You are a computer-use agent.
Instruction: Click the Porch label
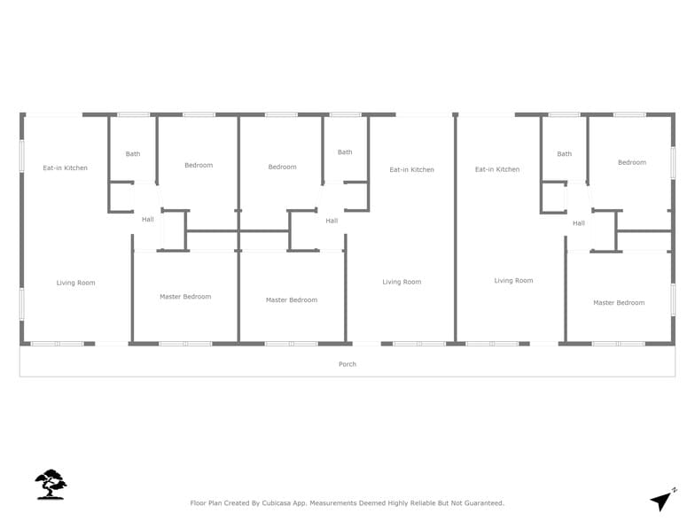coord(347,364)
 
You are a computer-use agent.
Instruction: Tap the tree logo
coord(51,485)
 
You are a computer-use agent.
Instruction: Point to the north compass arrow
coord(663,500)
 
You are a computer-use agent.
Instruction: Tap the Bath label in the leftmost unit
coord(132,154)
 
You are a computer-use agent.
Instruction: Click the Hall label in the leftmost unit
coord(147,219)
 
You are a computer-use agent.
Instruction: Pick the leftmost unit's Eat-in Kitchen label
coord(66,167)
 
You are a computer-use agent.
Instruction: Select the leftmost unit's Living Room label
coord(75,283)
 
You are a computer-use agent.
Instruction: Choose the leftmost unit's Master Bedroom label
coord(185,297)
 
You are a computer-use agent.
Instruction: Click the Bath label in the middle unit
coord(345,152)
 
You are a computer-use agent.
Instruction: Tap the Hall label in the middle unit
coord(332,221)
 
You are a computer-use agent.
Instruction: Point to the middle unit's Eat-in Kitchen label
coord(411,169)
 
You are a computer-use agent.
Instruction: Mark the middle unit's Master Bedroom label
coord(292,300)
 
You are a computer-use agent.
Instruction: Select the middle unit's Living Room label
coord(402,282)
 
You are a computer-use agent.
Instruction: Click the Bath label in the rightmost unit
coord(565,154)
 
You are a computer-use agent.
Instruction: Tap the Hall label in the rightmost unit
coord(579,223)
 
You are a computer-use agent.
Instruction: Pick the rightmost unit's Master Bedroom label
coord(619,303)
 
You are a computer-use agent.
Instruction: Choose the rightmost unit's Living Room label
coord(513,281)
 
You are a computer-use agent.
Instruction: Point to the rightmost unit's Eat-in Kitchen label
coord(496,169)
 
